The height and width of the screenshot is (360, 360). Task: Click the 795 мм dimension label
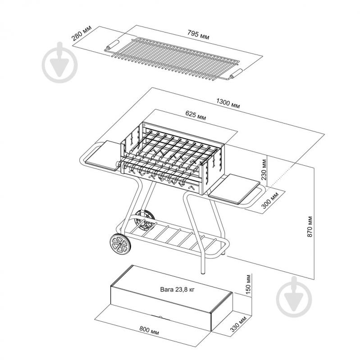[198, 34]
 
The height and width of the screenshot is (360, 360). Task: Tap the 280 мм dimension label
[81, 33]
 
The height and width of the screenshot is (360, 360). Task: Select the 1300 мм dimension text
[228, 103]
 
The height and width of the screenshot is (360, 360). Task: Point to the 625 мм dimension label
[196, 115]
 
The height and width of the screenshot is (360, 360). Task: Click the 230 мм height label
[264, 169]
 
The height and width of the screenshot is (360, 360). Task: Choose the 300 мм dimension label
[270, 200]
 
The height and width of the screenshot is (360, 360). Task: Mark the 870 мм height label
[310, 226]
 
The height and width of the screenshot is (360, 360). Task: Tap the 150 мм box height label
[248, 284]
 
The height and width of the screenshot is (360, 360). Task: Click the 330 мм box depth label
[238, 324]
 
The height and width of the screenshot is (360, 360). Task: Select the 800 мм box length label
[149, 330]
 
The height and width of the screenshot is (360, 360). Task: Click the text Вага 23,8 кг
[177, 289]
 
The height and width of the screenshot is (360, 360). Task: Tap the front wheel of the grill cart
[120, 244]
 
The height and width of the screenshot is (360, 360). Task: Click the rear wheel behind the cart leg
[145, 220]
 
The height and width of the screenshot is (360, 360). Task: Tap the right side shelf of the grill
[234, 189]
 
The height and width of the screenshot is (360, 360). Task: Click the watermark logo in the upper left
[59, 63]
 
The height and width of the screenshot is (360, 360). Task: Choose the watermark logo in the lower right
[294, 297]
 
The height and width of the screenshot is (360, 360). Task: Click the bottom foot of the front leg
[203, 273]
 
